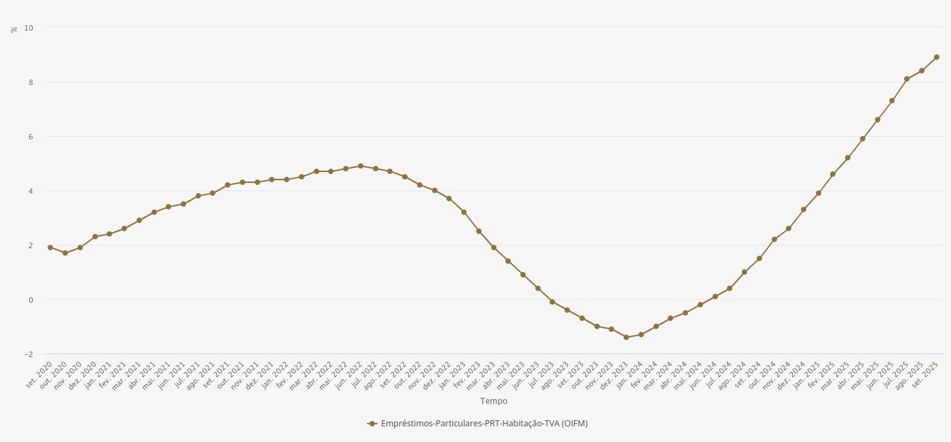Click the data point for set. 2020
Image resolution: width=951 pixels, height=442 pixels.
(50, 248)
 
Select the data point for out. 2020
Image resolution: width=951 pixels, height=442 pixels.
(65, 253)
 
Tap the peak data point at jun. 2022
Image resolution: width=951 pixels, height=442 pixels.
(361, 166)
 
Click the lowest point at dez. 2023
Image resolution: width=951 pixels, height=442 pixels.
(626, 337)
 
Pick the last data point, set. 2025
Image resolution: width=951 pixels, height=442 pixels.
(937, 57)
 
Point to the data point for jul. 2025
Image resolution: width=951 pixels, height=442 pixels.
(907, 79)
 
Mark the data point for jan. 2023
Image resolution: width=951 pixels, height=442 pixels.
(464, 212)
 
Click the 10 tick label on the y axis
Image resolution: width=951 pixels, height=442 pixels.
(29, 27)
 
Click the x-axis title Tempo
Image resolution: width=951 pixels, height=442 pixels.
(493, 401)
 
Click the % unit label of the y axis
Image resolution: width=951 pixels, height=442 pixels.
(14, 29)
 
